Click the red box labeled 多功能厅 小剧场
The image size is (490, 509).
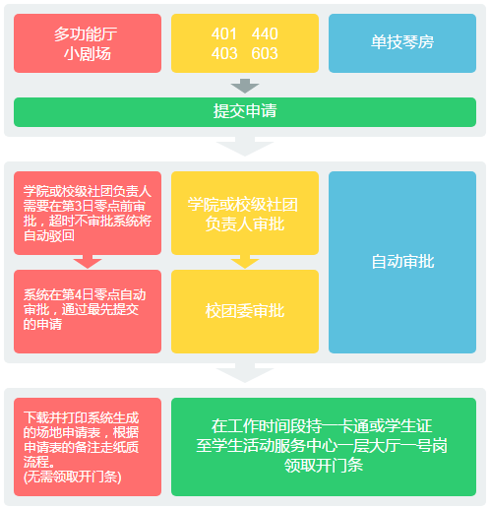88,43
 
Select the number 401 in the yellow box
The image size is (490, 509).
224,34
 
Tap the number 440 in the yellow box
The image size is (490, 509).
265,34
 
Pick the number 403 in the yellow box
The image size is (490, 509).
224,54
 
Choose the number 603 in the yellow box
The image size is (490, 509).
265,54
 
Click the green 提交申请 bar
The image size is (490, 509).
245,111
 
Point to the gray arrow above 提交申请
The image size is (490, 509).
245,87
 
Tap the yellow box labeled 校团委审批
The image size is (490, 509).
245,311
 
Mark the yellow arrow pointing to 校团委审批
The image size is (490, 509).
245,262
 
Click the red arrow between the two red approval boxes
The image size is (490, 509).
88,262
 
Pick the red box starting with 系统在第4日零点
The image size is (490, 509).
88,311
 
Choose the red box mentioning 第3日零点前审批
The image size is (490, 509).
88,214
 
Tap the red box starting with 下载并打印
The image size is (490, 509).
88,446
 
